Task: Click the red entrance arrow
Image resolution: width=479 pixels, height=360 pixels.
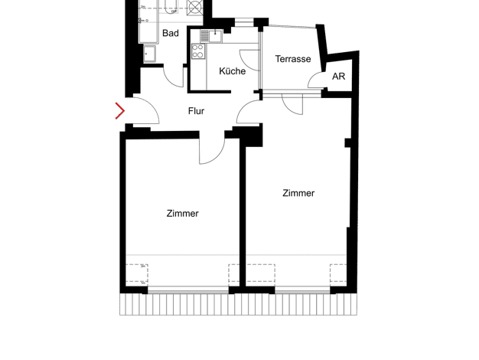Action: coord(120,111)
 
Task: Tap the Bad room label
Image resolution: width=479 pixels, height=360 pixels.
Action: coord(171,33)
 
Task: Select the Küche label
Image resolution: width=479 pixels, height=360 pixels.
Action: coord(232,71)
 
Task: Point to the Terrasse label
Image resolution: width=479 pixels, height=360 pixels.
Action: coord(293,59)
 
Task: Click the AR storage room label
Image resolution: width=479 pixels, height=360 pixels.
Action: coord(338,76)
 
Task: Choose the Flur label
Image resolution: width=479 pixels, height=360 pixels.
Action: coord(196,111)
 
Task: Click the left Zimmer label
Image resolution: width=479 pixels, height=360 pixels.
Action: coord(182,213)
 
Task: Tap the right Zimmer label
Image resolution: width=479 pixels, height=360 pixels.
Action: coord(298,193)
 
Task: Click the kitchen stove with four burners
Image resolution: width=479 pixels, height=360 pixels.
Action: coord(198,51)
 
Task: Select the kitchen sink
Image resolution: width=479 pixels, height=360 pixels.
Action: coord(211,36)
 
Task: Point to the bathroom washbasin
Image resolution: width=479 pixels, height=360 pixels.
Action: coord(149,54)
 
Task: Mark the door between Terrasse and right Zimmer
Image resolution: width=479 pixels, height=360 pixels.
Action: coord(292,105)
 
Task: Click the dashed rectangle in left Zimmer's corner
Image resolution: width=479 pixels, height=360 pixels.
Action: coord(137,273)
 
